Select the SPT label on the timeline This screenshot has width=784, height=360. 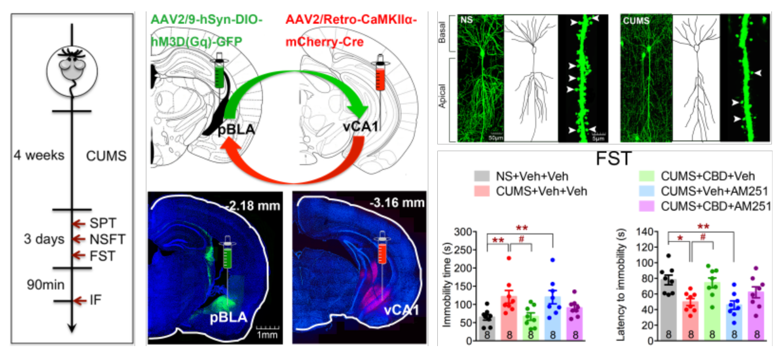pyautogui.click(x=99, y=223)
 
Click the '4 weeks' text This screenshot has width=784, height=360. pyautogui.click(x=39, y=154)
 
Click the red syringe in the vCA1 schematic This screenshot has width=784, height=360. pyautogui.click(x=381, y=75)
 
